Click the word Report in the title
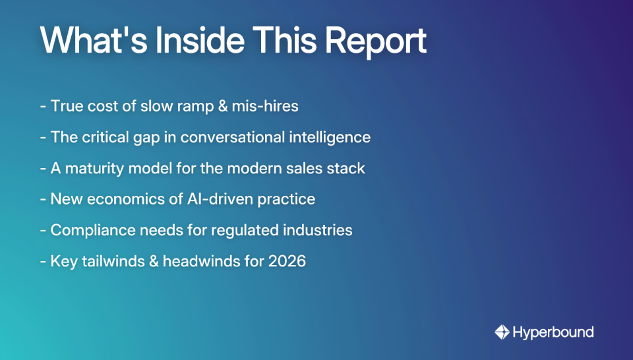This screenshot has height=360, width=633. [377, 41]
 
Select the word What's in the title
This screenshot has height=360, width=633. [92, 41]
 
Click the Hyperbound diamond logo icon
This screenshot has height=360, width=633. [502, 332]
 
